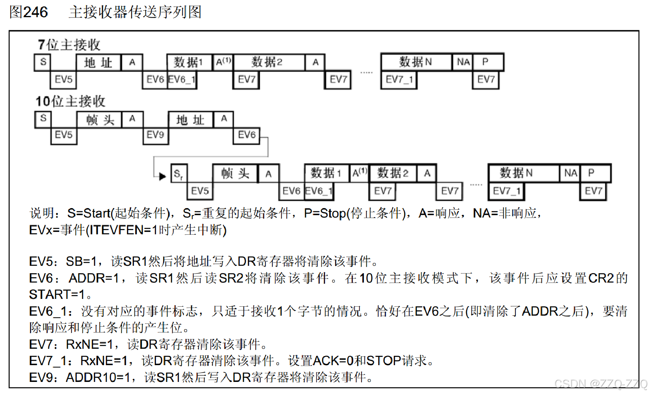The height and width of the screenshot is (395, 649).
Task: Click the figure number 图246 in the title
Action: (x=29, y=12)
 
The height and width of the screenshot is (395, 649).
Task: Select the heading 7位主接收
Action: (x=69, y=45)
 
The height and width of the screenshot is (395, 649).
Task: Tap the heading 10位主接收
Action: (x=70, y=101)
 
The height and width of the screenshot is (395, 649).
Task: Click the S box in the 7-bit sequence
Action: (x=43, y=62)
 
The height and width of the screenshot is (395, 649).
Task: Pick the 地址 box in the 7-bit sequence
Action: (x=98, y=63)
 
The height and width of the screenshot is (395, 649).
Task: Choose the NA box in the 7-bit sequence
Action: (x=463, y=62)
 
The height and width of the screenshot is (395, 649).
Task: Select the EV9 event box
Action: (x=155, y=135)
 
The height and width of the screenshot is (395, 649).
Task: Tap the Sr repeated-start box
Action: (x=178, y=174)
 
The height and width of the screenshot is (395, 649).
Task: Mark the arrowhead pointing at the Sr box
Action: (x=163, y=176)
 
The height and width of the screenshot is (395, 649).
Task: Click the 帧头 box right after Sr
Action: (x=235, y=174)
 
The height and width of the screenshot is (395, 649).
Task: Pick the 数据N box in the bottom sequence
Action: (x=516, y=173)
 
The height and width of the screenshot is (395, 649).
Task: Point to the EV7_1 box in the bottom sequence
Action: (x=506, y=191)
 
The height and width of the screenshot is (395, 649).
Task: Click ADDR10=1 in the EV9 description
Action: (x=98, y=377)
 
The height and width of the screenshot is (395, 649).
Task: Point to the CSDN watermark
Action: (x=600, y=384)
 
